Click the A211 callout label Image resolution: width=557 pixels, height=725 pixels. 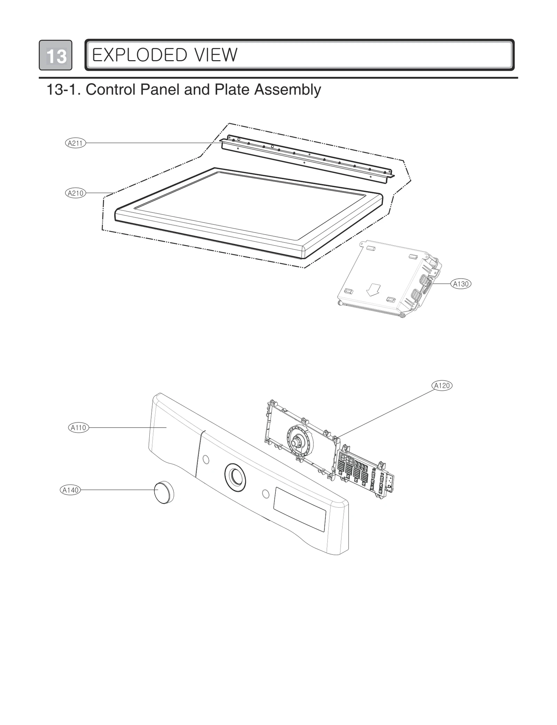point(75,143)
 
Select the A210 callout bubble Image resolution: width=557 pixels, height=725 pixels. point(75,193)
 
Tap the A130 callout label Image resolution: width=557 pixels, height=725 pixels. point(461,284)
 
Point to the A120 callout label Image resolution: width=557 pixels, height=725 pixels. point(442,385)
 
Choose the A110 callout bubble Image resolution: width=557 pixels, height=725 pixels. point(78,428)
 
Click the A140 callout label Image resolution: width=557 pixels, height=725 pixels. point(70,490)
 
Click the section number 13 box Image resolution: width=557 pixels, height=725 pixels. point(56,55)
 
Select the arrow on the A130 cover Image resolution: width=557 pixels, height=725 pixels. point(374,289)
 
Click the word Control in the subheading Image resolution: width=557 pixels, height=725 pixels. point(110,90)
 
